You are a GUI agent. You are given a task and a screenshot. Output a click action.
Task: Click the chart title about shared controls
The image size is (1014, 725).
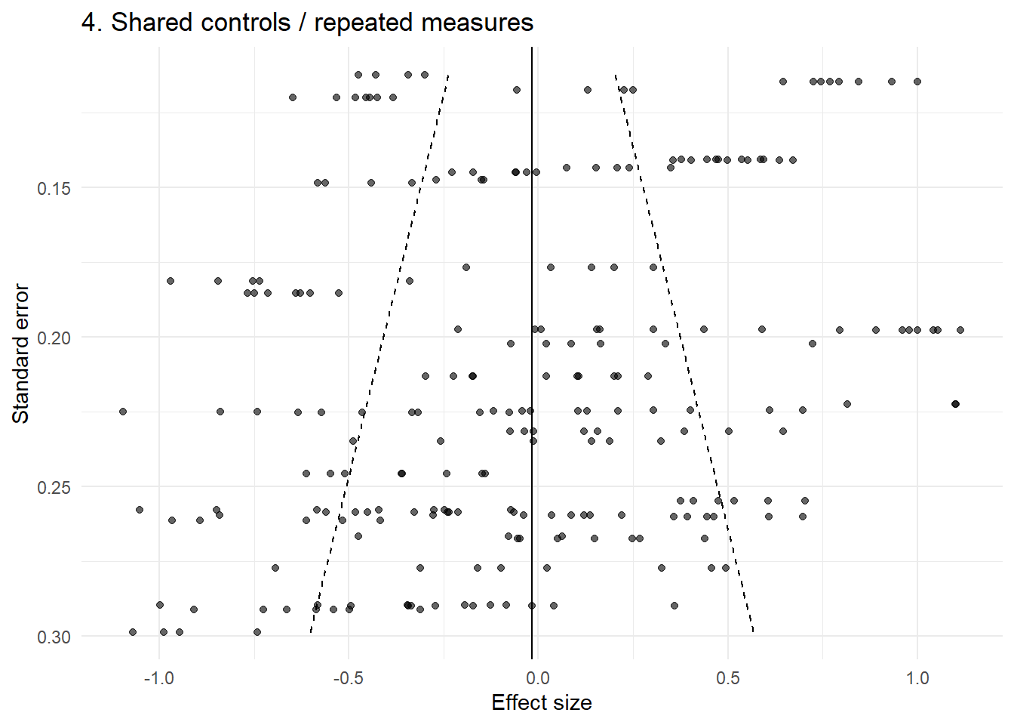tap(307, 23)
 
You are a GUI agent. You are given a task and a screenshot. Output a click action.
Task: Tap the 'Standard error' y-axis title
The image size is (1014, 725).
tap(20, 353)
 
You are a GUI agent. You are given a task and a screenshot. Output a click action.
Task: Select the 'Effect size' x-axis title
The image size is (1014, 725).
tap(541, 702)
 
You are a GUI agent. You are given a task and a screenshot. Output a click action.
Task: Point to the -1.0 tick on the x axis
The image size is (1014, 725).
tap(158, 677)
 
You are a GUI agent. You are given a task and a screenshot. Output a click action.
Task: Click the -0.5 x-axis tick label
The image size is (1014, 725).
tap(348, 677)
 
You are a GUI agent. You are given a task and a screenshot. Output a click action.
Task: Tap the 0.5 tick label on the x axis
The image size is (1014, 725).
tap(727, 677)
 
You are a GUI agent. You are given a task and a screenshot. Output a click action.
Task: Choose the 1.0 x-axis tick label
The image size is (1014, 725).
tap(917, 677)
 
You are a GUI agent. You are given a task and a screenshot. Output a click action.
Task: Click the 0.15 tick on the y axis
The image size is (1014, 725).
tap(54, 188)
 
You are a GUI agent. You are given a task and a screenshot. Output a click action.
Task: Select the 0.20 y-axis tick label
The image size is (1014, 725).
tap(54, 338)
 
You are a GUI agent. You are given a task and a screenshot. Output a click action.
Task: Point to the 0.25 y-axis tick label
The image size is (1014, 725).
tap(54, 487)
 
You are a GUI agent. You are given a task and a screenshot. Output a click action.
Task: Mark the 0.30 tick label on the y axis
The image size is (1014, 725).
tap(54, 637)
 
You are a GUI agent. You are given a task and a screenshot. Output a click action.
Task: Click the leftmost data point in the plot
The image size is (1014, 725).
tap(123, 412)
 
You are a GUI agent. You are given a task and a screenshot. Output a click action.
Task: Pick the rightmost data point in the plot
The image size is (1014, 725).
tap(960, 330)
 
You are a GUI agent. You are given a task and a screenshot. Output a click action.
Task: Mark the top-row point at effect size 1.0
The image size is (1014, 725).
tap(917, 82)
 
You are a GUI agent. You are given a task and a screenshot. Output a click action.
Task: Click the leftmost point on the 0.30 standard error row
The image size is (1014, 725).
tap(133, 632)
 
